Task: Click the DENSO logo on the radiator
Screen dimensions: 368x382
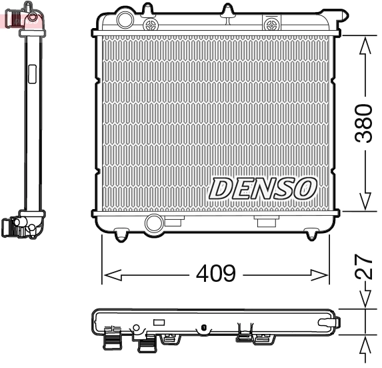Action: (263, 188)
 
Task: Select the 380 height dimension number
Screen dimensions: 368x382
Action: (363, 123)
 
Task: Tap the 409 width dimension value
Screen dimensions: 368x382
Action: (215, 274)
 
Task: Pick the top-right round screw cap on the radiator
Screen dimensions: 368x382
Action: (271, 25)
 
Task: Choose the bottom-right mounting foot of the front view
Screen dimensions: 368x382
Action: (311, 234)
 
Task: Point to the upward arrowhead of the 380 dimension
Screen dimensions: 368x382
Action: (364, 45)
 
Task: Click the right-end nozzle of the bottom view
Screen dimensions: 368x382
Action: (332, 322)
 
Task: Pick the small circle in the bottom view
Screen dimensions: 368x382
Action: (137, 328)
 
